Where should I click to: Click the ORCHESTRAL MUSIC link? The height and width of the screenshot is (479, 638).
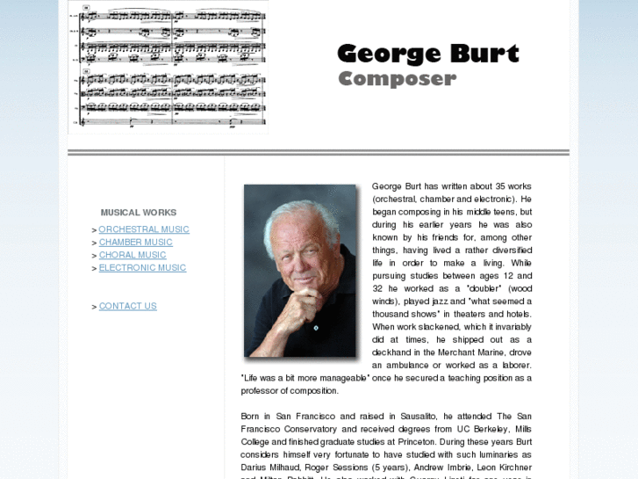coord(144,229)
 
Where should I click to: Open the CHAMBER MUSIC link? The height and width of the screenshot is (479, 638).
coord(135,243)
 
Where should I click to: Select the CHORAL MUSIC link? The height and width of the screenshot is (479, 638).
coord(132,255)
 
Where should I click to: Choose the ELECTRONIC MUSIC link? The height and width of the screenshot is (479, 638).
coord(142,267)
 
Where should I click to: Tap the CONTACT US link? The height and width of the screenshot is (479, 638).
coord(127,306)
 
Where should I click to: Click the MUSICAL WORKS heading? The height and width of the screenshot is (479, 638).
coord(138,212)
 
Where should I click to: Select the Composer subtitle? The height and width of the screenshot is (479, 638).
coord(397,79)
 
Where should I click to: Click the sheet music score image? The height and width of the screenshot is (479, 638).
coord(168,66)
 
